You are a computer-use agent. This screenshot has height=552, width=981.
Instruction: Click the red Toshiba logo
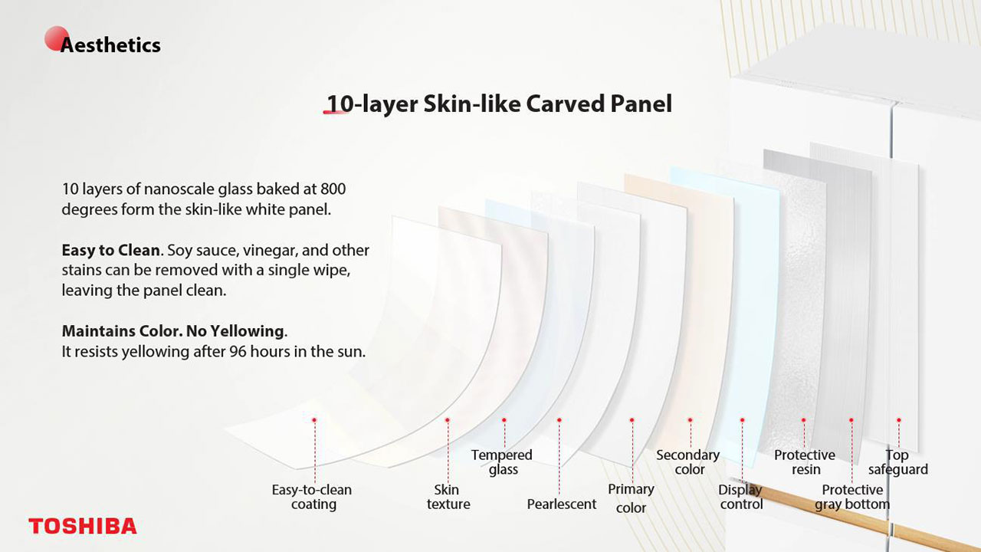[x=83, y=526]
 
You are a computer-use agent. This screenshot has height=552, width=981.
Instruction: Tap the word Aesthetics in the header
[x=110, y=44]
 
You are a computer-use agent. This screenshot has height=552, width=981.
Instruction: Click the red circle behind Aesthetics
[x=57, y=38]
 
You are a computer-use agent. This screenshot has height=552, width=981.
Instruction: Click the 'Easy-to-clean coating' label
[x=312, y=497]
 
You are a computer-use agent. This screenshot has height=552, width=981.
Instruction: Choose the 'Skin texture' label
[x=448, y=497]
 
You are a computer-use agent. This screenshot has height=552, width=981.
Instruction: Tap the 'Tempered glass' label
[x=502, y=462]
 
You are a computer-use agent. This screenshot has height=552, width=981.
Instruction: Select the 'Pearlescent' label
[x=562, y=504]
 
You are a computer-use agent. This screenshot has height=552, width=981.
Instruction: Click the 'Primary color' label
[x=631, y=498]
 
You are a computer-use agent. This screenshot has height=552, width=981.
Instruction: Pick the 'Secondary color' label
[x=688, y=462]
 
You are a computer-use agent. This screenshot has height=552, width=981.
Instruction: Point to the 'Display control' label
[x=740, y=497]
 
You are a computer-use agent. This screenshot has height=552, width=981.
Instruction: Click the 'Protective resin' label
[x=805, y=462]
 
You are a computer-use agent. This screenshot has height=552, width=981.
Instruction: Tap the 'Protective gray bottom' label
[x=852, y=497]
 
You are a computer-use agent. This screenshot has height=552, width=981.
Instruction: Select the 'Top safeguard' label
[x=897, y=462]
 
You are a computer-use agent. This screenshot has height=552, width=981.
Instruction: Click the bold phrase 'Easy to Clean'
[x=111, y=250]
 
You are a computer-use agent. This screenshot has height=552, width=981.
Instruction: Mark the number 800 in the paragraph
[x=333, y=189]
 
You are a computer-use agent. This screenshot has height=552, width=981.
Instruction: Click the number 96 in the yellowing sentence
[x=238, y=351]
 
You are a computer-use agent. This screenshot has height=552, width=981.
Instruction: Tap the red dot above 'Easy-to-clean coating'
[x=314, y=419]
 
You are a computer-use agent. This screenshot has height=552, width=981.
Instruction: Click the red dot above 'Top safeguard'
[x=899, y=419]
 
